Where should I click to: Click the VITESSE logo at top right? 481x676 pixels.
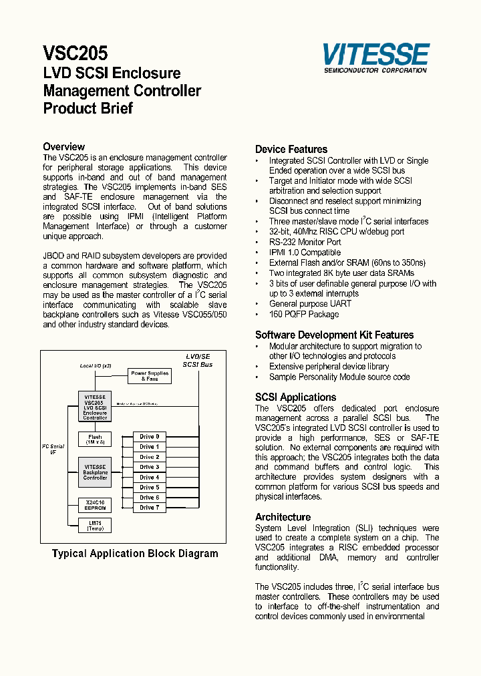pyautogui.click(x=375, y=57)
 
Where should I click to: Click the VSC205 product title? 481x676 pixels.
pyautogui.click(x=75, y=53)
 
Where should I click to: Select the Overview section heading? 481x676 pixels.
pyautogui.click(x=63, y=147)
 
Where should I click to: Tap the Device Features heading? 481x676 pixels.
pyautogui.click(x=291, y=150)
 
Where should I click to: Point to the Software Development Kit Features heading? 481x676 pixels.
pyautogui.click(x=334, y=335)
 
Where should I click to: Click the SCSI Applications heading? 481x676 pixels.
pyautogui.click(x=295, y=397)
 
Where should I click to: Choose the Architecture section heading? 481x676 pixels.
pyautogui.click(x=283, y=518)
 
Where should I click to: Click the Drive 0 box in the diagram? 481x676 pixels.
pyautogui.click(x=149, y=437)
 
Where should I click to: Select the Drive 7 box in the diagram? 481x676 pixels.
pyautogui.click(x=149, y=508)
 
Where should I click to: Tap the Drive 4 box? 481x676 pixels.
pyautogui.click(x=149, y=478)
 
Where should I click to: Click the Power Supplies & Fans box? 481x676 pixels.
pyautogui.click(x=149, y=376)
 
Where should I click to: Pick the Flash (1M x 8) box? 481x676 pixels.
pyautogui.click(x=95, y=439)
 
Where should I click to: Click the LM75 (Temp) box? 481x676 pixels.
pyautogui.click(x=95, y=526)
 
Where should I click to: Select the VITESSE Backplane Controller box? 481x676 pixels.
pyautogui.click(x=95, y=472)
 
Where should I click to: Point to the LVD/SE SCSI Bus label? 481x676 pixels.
pyautogui.click(x=198, y=361)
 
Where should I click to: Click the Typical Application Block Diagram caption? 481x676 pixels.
pyautogui.click(x=135, y=554)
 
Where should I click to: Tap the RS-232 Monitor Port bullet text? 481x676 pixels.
pyautogui.click(x=305, y=242)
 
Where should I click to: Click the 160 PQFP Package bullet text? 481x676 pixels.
pyautogui.click(x=303, y=314)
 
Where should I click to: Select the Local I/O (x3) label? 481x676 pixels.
pyautogui.click(x=96, y=366)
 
